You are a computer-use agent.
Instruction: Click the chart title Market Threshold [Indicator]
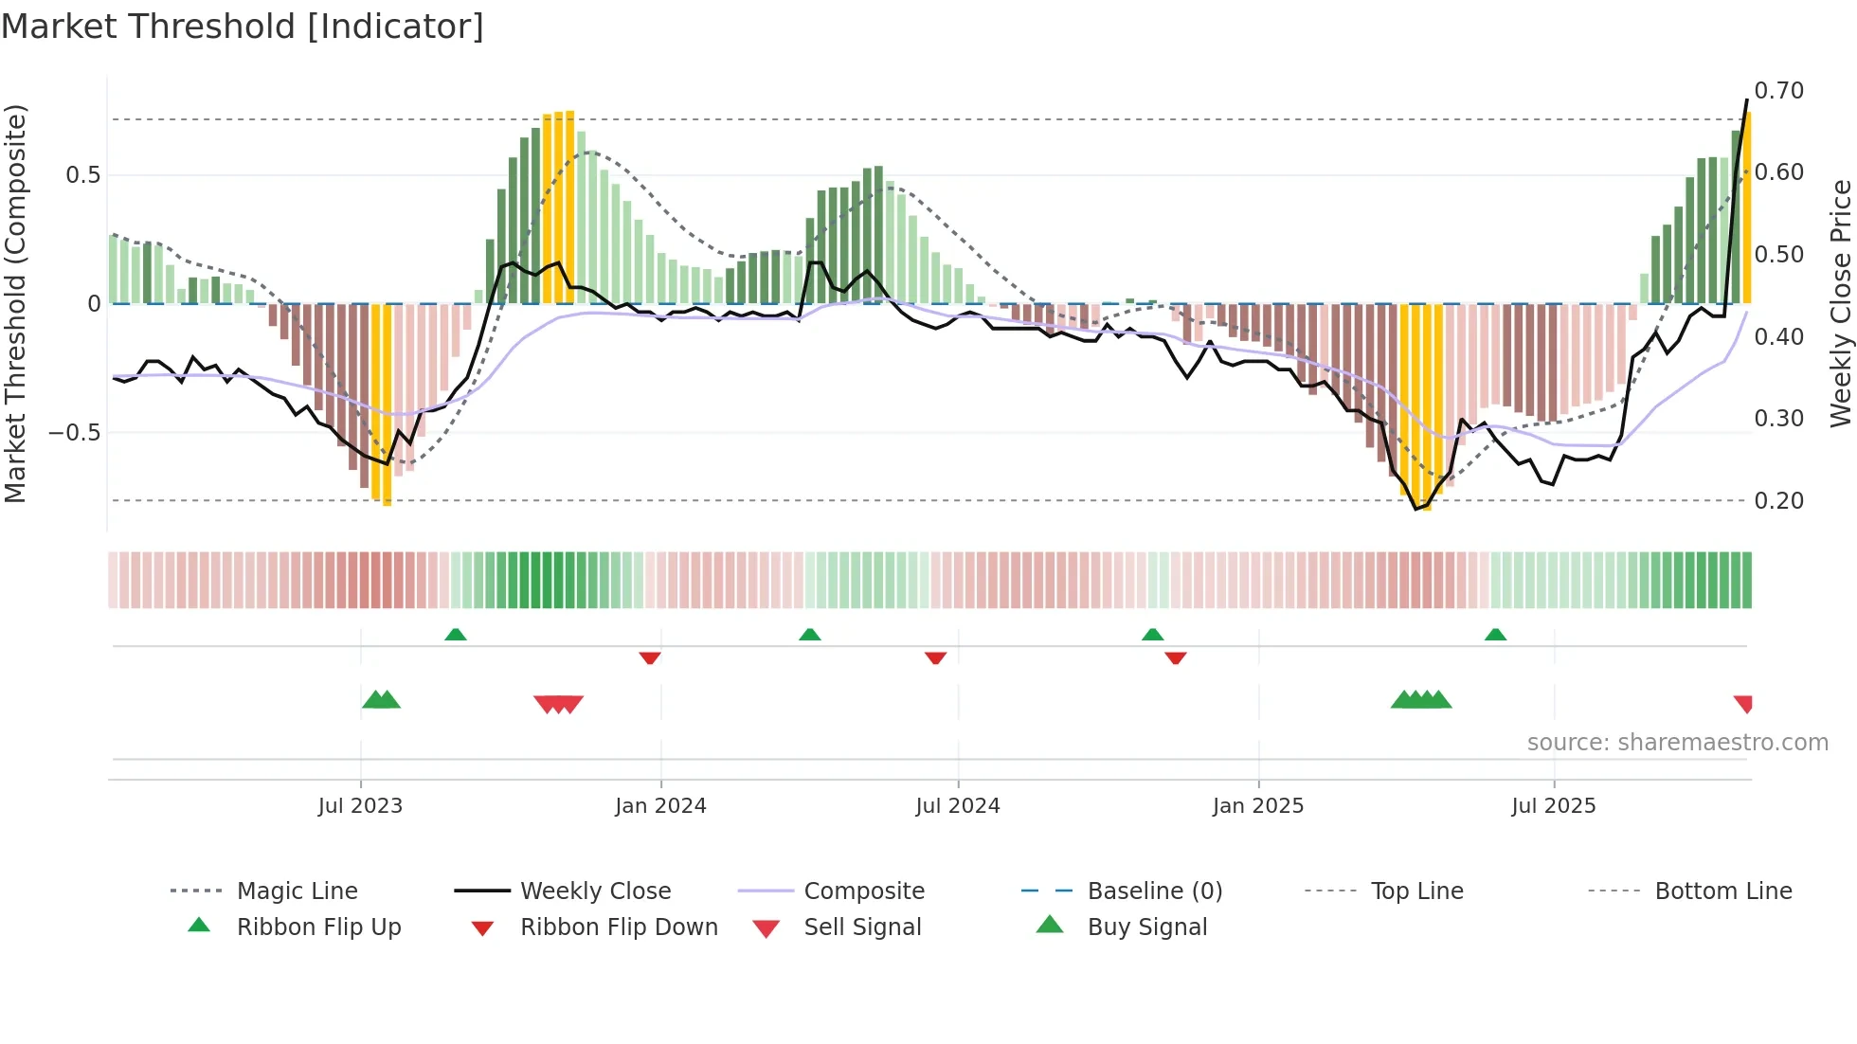click(243, 27)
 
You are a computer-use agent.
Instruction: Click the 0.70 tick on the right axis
click(1778, 91)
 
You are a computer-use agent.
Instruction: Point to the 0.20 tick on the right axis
click(1778, 501)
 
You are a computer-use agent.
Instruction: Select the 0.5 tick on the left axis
click(82, 175)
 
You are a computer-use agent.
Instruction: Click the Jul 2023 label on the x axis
click(360, 806)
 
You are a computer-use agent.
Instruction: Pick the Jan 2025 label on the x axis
click(1257, 806)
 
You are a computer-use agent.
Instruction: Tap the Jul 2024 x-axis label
click(957, 806)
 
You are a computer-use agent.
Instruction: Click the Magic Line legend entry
click(297, 891)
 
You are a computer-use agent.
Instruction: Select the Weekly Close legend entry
click(595, 891)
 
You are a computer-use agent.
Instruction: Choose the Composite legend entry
click(863, 891)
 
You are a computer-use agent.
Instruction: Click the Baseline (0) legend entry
click(1154, 891)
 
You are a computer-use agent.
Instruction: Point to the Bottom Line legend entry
click(1722, 891)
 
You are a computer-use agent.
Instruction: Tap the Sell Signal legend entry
click(861, 927)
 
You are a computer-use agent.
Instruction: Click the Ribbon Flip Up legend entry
click(318, 927)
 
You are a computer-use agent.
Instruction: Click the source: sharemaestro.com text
click(1677, 743)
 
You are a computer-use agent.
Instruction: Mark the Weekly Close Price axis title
click(1840, 303)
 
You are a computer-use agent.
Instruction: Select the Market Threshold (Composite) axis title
click(16, 303)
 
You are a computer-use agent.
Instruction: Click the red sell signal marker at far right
click(1743, 704)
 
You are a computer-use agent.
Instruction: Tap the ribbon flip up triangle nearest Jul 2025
click(1495, 635)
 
